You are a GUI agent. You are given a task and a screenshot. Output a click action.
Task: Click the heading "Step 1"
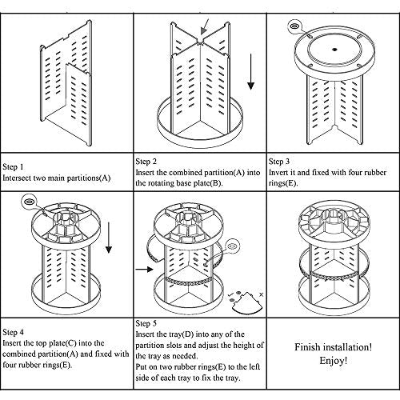(13, 167)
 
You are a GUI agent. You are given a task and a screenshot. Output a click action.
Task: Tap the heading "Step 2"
(146, 162)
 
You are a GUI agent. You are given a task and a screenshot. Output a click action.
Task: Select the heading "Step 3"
(279, 162)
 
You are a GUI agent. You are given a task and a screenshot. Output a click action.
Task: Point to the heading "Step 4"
(13, 332)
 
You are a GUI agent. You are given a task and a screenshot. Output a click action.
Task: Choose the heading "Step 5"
(146, 323)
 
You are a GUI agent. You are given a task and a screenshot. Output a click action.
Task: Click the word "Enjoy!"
(334, 361)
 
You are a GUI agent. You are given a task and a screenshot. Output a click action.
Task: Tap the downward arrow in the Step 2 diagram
(250, 71)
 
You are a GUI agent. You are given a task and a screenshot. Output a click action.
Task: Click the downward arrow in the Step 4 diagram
(109, 238)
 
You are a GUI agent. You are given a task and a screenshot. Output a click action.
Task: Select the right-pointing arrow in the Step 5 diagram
(144, 270)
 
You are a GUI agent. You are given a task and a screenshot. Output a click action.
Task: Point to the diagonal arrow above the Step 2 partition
(205, 26)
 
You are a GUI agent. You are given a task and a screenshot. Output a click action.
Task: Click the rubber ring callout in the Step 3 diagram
(294, 26)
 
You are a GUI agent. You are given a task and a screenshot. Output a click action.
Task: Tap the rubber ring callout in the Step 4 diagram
(29, 202)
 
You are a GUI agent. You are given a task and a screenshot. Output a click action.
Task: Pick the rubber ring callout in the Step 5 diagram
(232, 246)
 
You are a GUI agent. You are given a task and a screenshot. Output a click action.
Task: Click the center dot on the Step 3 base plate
(334, 50)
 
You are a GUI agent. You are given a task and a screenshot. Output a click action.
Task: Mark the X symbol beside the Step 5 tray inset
(261, 294)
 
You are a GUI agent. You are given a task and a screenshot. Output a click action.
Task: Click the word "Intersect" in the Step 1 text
(17, 178)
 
